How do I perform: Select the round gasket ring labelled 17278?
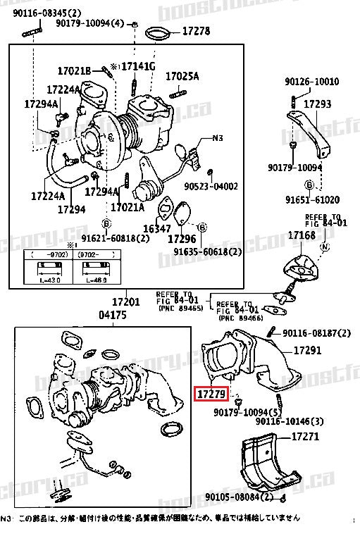[x=159, y=33]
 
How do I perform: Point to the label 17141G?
[x=138, y=66]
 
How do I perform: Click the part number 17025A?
[x=182, y=76]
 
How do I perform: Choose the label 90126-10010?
[x=312, y=81]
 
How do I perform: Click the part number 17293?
[x=317, y=104]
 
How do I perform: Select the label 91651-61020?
[x=312, y=199]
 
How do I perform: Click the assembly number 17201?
[x=128, y=302]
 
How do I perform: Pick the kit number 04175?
[x=112, y=315]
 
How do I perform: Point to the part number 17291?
[x=307, y=349]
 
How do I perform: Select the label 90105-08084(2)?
[x=239, y=497]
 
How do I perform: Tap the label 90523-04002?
[x=211, y=187]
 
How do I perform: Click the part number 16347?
[x=157, y=229]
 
